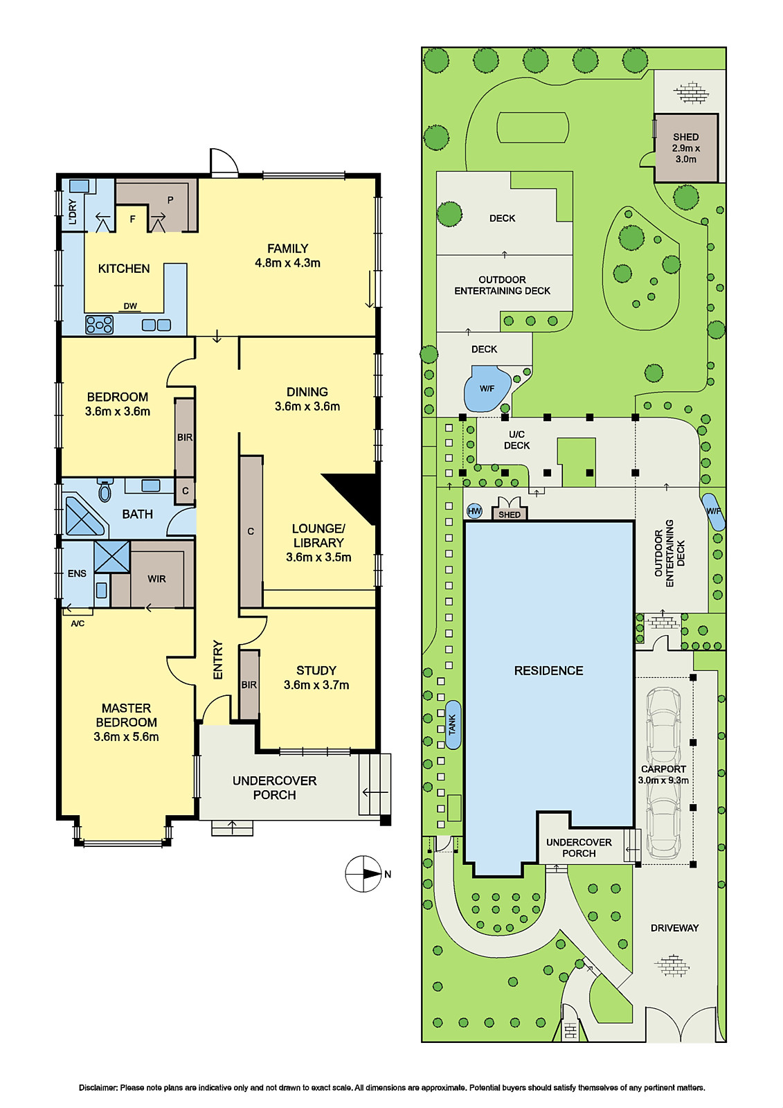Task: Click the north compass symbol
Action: tap(363, 873)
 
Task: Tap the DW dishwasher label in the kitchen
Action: tap(130, 306)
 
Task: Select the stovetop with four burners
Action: tap(100, 325)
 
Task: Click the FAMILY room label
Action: tap(287, 249)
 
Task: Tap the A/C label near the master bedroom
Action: tap(78, 624)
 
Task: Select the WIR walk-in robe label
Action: tap(156, 579)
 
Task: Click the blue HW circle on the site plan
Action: tap(474, 512)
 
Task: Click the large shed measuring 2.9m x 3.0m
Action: tap(685, 148)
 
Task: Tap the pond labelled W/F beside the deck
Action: tap(487, 388)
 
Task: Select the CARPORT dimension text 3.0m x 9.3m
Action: tap(663, 780)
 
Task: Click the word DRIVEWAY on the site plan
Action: tap(675, 928)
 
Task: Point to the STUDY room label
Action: tap(316, 670)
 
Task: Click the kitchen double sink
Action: tap(156, 325)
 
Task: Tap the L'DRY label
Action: tap(73, 212)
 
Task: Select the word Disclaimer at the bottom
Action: tap(98, 1088)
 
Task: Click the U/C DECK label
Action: tap(517, 440)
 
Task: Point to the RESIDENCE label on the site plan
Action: tap(548, 671)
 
